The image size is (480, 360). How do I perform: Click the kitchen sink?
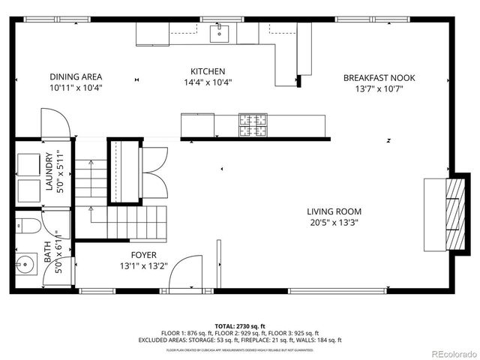click(x=220, y=32)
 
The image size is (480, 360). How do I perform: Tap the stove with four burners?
click(x=253, y=125)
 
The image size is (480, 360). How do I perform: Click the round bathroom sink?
click(x=25, y=264)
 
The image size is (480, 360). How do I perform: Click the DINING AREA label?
click(x=76, y=76)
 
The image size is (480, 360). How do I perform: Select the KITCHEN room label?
click(x=208, y=71)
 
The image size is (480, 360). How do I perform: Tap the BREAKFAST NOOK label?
click(x=379, y=77)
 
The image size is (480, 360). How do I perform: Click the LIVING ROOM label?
click(x=334, y=211)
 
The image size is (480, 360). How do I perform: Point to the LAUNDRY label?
click(x=49, y=172)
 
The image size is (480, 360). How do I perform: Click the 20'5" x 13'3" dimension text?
click(x=334, y=222)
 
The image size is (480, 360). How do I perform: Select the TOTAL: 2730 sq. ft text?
click(x=240, y=326)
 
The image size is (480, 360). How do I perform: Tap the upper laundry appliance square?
click(x=29, y=163)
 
